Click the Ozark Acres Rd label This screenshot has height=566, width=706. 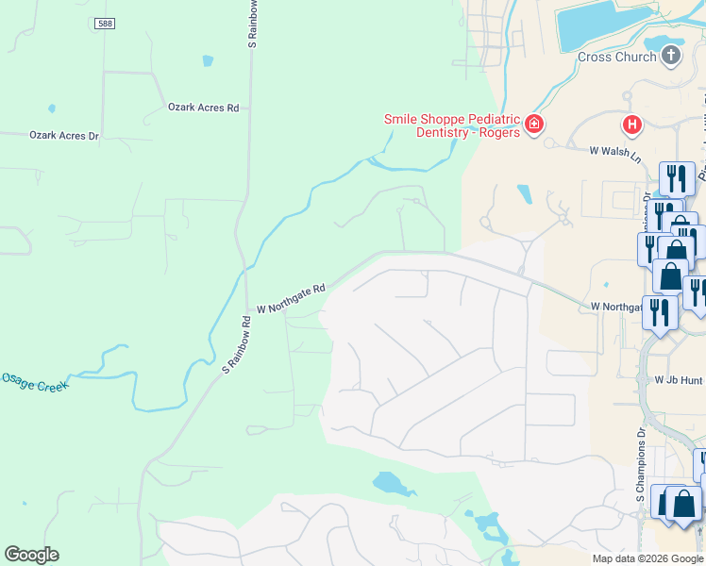[203, 108]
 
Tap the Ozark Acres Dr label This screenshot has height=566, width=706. [64, 136]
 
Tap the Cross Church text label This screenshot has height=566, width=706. [616, 57]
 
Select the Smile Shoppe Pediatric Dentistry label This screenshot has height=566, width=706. [451, 125]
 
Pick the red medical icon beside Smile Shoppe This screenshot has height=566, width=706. [534, 125]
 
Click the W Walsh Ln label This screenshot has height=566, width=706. [614, 150]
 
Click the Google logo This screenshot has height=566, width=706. [31, 555]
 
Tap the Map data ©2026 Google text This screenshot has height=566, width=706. [647, 558]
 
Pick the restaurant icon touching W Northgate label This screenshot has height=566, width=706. [660, 311]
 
